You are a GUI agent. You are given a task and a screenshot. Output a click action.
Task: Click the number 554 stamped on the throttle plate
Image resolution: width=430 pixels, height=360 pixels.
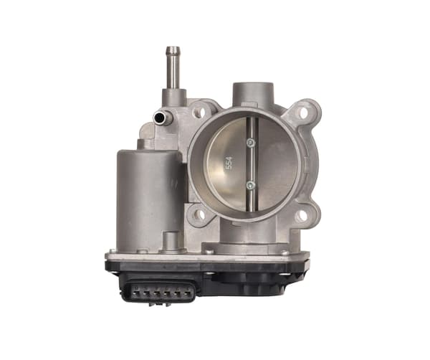point(229,163)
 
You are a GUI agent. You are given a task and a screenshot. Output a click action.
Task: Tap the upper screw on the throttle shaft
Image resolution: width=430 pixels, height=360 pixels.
point(251,143)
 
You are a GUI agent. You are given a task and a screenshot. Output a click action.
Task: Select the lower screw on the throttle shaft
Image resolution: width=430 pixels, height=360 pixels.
point(251,186)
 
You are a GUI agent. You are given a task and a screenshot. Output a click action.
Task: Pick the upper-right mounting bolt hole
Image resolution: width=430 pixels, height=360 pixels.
point(303,113)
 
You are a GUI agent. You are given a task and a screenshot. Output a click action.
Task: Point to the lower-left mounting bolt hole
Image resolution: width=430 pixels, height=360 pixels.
point(200,214)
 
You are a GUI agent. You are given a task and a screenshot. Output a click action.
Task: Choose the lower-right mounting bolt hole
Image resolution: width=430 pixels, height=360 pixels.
point(302,216)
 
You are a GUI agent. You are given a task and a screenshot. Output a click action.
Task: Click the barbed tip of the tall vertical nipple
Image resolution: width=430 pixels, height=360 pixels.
point(173,52)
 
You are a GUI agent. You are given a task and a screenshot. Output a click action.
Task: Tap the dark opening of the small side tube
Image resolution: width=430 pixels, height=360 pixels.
point(158,118)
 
